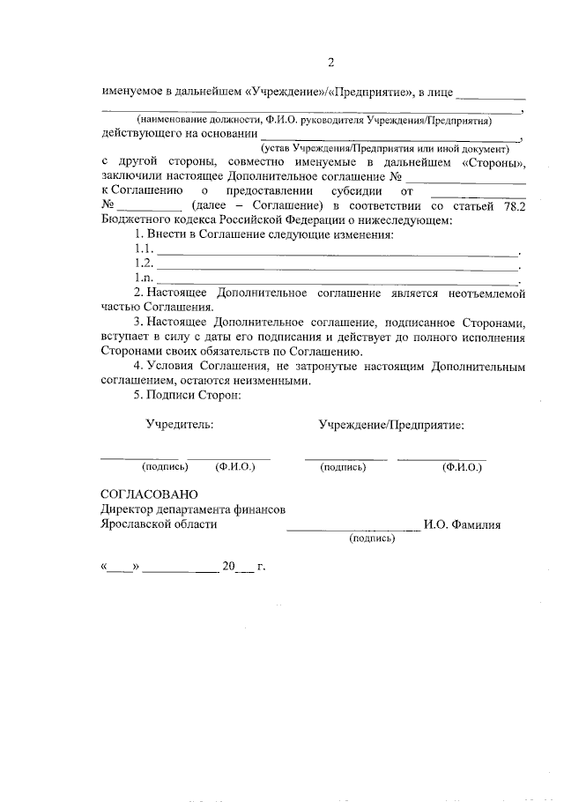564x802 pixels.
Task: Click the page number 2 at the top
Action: click(330, 62)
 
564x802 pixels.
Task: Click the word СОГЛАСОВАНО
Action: click(150, 493)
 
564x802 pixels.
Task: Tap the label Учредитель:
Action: click(180, 424)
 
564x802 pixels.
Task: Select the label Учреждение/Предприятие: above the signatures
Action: click(391, 424)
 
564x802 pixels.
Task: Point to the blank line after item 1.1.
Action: click(338, 254)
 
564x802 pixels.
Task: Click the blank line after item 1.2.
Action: click(338, 267)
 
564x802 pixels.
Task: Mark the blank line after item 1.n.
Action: click(338, 280)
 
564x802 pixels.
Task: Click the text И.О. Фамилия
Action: click(462, 524)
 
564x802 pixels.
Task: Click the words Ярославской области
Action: click(159, 524)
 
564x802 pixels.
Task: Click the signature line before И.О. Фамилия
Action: click(352, 529)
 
